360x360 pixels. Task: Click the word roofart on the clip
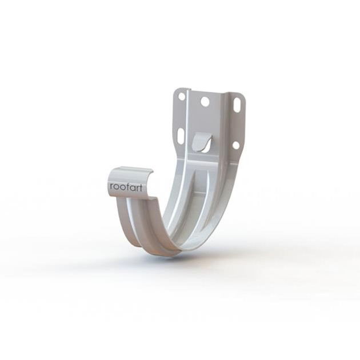[x=126, y=187]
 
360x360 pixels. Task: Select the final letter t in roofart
[x=140, y=187]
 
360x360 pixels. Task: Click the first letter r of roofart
[x=111, y=187]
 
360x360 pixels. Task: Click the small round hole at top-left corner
[x=182, y=97]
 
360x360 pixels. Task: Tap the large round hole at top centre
[x=205, y=102]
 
